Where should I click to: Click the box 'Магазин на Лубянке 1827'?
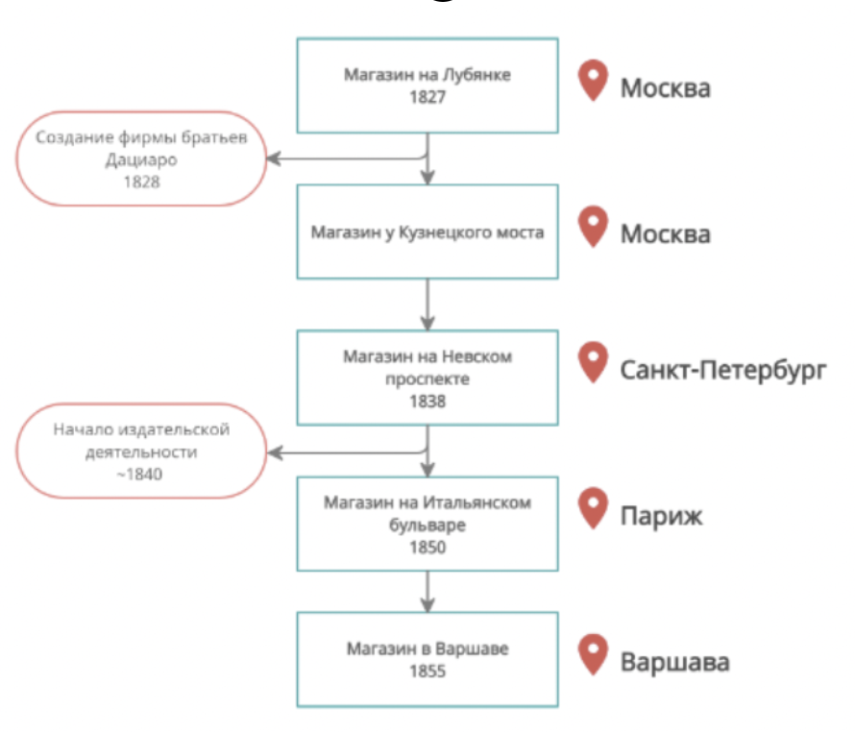(x=427, y=85)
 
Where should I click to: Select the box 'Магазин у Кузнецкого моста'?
(x=427, y=232)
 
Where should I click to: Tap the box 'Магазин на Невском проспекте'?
(x=427, y=378)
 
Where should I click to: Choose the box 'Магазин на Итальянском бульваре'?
(x=427, y=524)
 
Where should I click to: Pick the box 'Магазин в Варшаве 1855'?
(x=427, y=660)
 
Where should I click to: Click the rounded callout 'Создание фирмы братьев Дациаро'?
(x=141, y=159)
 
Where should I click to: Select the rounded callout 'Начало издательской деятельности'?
(x=141, y=450)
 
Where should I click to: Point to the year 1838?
(x=427, y=402)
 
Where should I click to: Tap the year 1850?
(x=427, y=548)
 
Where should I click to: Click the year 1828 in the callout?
(x=141, y=181)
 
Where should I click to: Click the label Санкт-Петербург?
(x=722, y=370)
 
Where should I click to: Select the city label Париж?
(x=661, y=516)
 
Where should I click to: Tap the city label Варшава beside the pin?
(x=674, y=663)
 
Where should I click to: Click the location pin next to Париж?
(x=594, y=509)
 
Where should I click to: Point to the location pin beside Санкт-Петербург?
(x=594, y=363)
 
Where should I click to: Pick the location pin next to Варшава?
(x=594, y=656)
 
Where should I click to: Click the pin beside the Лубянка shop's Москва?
(x=594, y=81)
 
